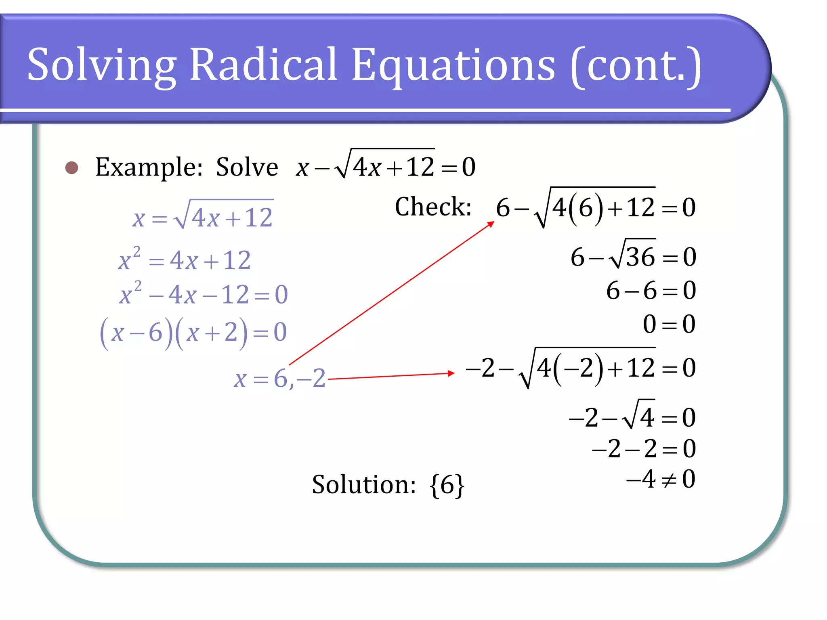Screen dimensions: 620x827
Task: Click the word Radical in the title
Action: (263, 65)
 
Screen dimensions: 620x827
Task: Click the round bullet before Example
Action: (72, 168)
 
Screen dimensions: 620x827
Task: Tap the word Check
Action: (432, 207)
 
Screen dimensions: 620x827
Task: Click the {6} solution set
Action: (447, 485)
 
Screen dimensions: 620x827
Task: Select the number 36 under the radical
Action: (640, 257)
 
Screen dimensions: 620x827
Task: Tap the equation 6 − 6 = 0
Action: (651, 291)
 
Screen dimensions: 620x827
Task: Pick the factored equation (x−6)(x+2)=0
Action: (193, 333)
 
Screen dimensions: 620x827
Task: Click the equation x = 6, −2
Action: (279, 379)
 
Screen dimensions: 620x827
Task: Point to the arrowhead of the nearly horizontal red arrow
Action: (451, 373)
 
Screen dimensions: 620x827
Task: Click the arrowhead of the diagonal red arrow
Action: (491, 224)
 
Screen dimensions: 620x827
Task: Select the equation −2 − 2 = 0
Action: (644, 449)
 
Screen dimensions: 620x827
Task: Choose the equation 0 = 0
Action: (669, 324)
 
